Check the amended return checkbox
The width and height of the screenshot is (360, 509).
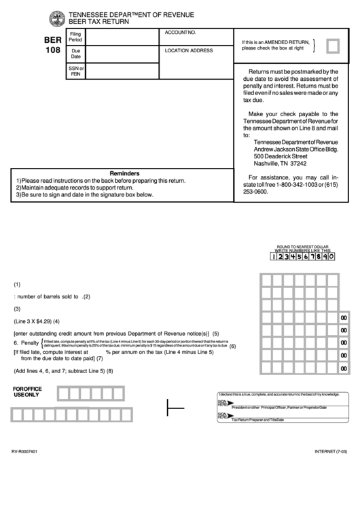(334, 46)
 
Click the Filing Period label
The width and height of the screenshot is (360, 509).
(75, 37)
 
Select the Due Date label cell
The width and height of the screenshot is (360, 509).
(75, 54)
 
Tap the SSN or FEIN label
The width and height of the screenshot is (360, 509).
(75, 71)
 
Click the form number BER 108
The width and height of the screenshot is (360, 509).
(52, 44)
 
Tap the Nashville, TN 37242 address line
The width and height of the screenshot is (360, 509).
(280, 164)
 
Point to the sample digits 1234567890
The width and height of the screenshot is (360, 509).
(303, 257)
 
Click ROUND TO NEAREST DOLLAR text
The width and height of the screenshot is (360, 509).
(302, 246)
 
